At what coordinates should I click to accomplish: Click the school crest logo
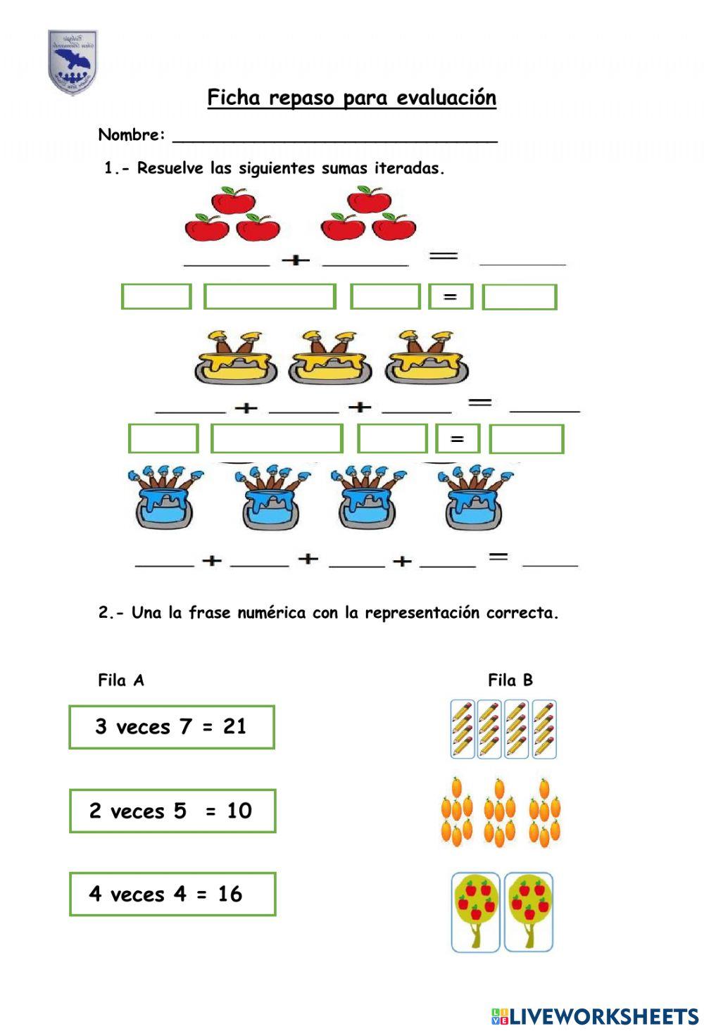(x=72, y=62)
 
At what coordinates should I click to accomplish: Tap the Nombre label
(x=132, y=135)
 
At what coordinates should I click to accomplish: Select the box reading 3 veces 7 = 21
(x=172, y=727)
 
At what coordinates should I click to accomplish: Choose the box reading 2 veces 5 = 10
(x=172, y=811)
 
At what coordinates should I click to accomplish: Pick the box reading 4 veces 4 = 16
(x=172, y=894)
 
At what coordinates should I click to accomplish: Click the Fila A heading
(x=121, y=681)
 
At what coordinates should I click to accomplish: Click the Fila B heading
(x=510, y=681)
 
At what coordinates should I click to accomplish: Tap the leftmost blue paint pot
(x=165, y=496)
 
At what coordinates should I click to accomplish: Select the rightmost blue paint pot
(x=476, y=496)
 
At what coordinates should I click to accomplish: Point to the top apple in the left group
(x=233, y=201)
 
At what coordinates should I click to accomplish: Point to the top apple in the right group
(x=369, y=201)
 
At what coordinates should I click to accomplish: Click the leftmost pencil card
(x=463, y=729)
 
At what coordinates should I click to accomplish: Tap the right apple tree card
(x=529, y=912)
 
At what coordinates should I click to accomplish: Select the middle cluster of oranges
(x=500, y=813)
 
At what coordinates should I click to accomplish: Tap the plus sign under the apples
(x=296, y=260)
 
